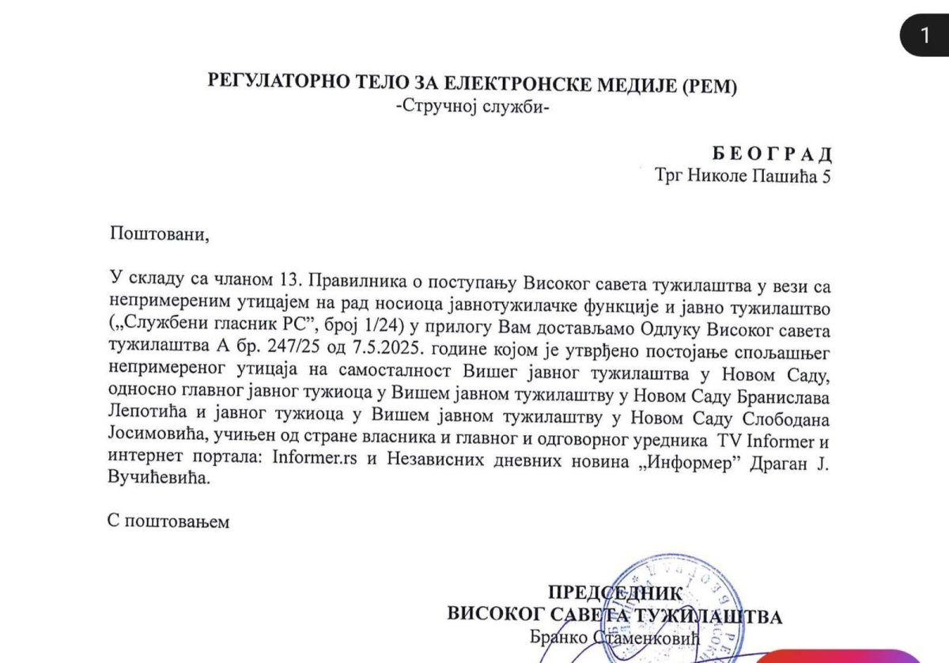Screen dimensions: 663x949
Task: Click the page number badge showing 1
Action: click(x=924, y=34)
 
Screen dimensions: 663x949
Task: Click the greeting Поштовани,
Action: click(x=161, y=234)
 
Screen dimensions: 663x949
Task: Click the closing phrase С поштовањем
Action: click(x=169, y=522)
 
